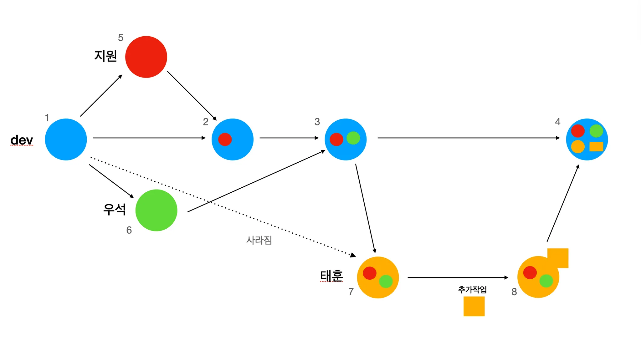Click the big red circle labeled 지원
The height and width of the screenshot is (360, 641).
146,57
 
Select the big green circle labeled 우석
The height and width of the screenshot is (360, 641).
156,210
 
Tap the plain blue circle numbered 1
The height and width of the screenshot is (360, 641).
66,139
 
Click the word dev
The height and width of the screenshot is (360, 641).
22,140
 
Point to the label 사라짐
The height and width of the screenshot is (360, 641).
259,240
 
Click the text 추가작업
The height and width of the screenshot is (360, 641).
472,290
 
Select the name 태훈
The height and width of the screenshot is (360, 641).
331,276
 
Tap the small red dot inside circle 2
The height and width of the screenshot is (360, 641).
225,139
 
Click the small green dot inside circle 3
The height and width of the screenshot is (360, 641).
353,138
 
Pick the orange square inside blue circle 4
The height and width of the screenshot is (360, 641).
596,147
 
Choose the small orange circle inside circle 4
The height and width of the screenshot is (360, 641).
578,147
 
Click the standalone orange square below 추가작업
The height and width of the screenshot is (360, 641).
474,307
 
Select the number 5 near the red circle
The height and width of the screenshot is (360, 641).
121,38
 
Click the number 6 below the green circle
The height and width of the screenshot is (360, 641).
129,231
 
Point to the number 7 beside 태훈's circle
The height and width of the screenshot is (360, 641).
351,292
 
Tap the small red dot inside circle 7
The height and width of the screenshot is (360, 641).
369,273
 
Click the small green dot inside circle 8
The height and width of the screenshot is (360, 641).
546,281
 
